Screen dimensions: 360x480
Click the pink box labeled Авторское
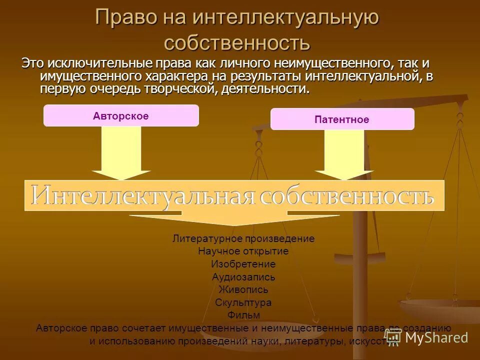(x=121, y=115)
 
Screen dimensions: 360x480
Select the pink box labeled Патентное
(x=342, y=119)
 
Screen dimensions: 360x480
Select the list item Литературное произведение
(x=243, y=238)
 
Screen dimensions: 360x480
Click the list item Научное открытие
(x=243, y=251)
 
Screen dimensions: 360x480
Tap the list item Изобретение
(x=243, y=264)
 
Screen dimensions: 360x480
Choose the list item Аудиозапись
(x=243, y=277)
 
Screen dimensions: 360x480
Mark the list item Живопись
(x=243, y=289)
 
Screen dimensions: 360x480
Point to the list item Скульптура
(x=243, y=302)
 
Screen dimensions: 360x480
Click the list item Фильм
(x=243, y=315)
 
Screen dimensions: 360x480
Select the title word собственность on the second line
(x=237, y=42)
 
